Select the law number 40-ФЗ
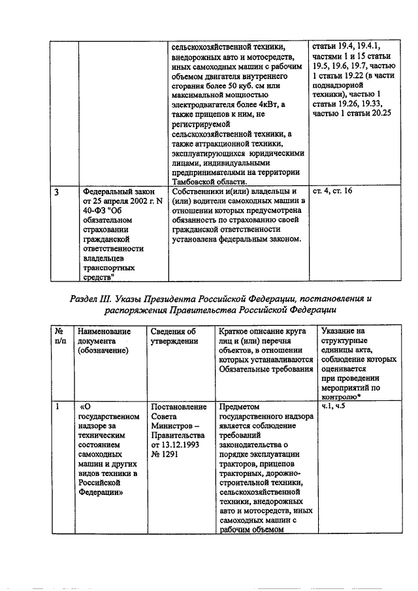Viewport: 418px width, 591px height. point(97,212)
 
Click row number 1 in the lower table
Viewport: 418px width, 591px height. point(58,406)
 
